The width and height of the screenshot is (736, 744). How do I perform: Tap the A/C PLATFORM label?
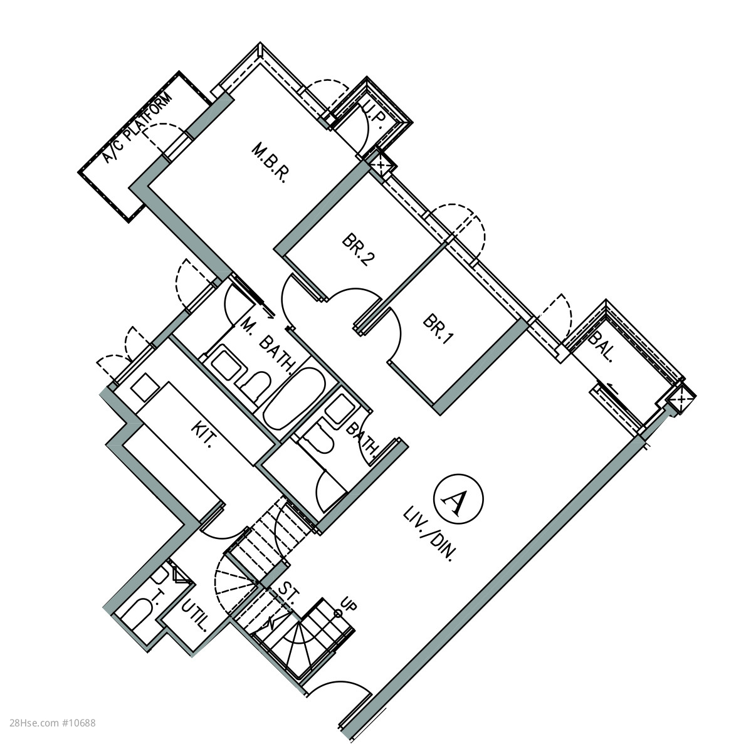pyautogui.click(x=137, y=129)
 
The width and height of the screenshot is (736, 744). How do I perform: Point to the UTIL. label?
pyautogui.click(x=196, y=616)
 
